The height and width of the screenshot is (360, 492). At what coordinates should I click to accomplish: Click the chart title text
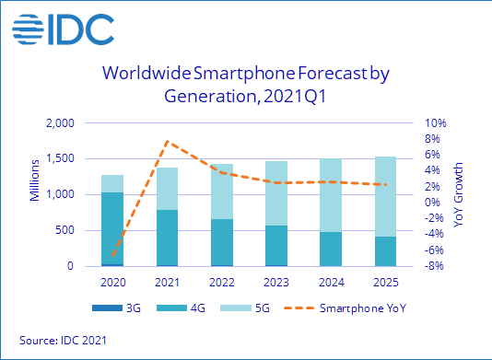click(246, 84)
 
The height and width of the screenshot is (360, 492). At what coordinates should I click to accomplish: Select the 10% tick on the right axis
click(435, 122)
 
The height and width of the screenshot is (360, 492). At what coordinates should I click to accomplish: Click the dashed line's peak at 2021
click(166, 141)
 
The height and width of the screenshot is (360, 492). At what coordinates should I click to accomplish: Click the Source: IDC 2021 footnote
click(64, 341)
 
